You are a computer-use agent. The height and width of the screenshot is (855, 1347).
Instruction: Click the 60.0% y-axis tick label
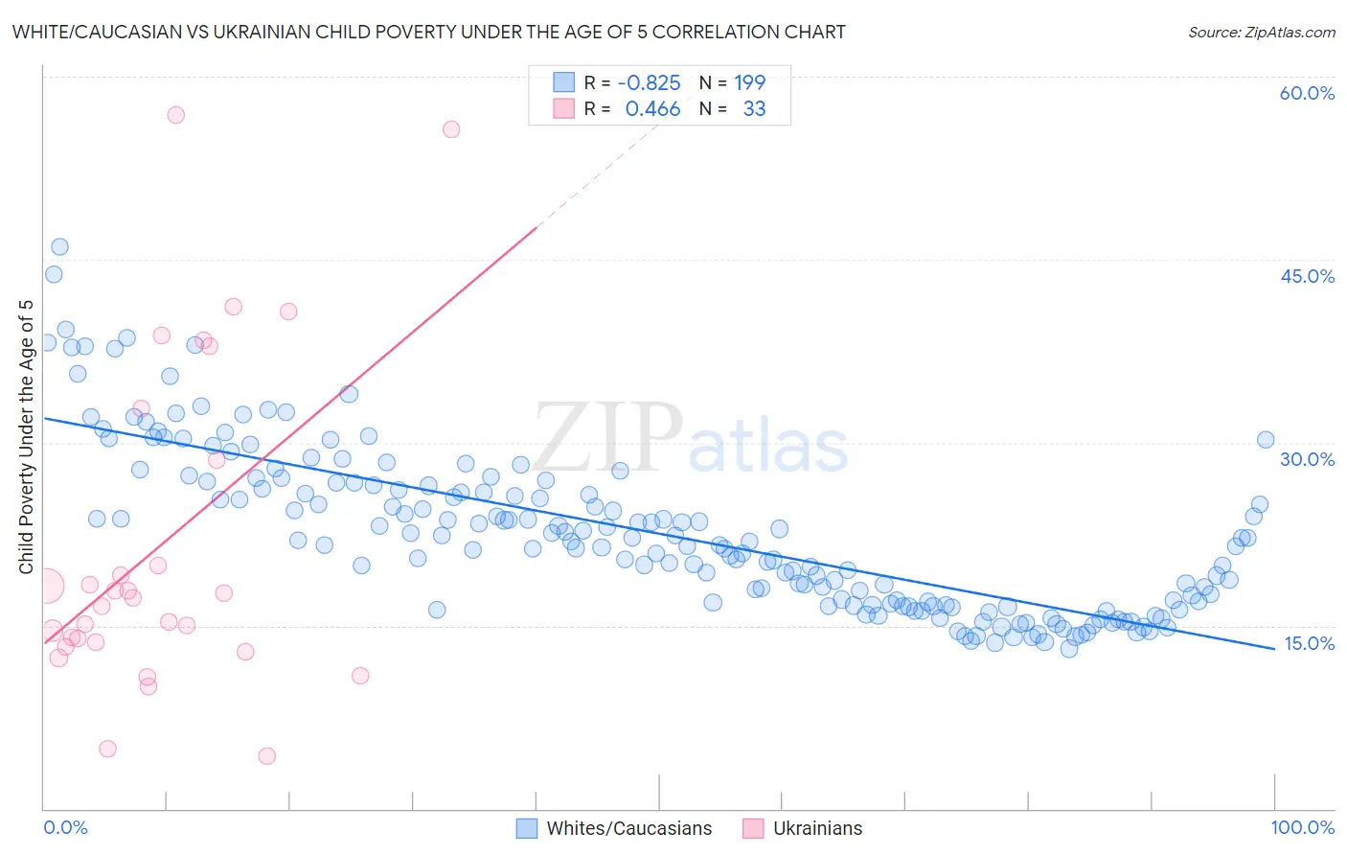click(1307, 93)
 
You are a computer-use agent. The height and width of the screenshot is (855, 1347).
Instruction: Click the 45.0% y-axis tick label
click(1307, 276)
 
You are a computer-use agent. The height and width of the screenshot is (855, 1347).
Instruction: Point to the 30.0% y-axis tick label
click(1307, 459)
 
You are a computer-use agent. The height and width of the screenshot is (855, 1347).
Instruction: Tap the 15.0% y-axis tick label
click(1309, 643)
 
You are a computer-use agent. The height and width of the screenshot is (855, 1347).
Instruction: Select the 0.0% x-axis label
click(65, 827)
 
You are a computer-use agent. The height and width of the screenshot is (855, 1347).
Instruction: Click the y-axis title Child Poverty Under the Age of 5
click(26, 436)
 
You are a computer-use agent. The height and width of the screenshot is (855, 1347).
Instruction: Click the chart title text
click(428, 32)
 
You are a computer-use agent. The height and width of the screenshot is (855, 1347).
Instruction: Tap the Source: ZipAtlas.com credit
click(1261, 32)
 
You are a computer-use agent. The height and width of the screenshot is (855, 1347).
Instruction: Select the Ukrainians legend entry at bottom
click(817, 828)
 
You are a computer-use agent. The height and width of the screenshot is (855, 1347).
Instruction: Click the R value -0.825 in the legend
click(649, 82)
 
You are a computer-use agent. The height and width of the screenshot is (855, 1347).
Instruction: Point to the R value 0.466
click(652, 108)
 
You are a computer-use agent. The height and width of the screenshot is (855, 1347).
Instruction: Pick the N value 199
click(749, 82)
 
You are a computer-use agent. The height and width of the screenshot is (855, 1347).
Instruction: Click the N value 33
click(754, 108)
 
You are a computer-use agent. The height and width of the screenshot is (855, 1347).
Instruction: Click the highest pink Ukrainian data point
click(175, 115)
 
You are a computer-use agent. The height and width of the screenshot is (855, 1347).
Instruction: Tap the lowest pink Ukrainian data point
click(267, 756)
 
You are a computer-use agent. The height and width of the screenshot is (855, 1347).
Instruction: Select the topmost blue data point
click(59, 246)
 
